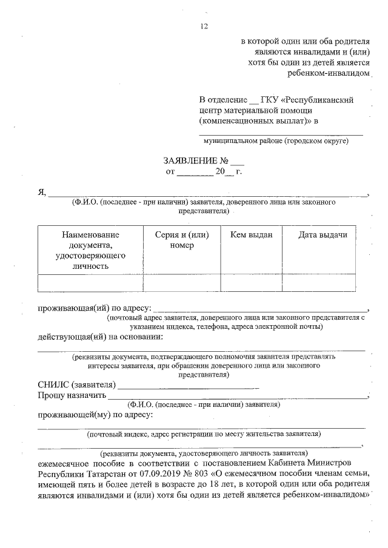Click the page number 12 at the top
(204, 25)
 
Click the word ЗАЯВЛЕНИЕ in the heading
(190, 162)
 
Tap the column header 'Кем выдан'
(251, 235)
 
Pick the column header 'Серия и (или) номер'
(182, 240)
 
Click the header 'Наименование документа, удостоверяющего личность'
(90, 249)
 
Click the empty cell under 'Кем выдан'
(251, 283)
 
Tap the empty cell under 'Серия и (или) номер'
(182, 283)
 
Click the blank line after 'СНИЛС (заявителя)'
(189, 386)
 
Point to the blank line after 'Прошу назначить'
(236, 397)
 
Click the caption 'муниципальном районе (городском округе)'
(276, 140)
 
